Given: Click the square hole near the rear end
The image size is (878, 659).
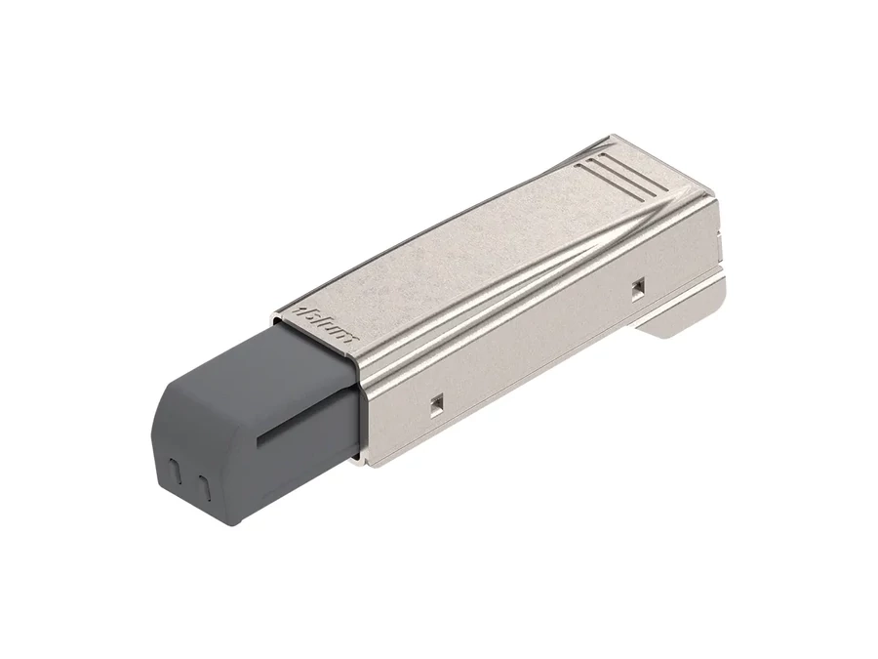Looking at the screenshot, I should (x=637, y=286).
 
